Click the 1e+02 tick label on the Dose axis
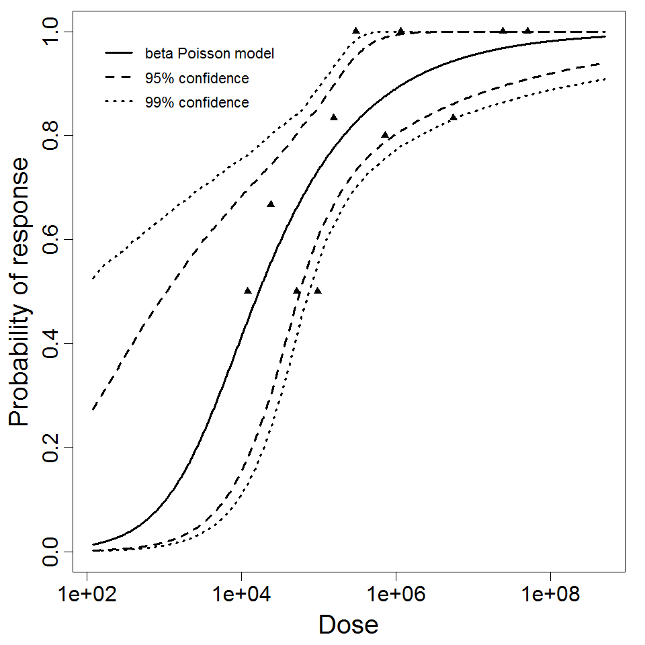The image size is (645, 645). pyautogui.click(x=87, y=595)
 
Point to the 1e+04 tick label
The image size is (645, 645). pyautogui.click(x=241, y=595)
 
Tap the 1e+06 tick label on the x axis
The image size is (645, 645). pyautogui.click(x=396, y=595)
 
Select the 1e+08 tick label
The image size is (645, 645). pyautogui.click(x=551, y=595)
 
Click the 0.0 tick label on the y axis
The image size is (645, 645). pyautogui.click(x=51, y=552)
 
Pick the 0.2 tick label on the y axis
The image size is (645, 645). pyautogui.click(x=51, y=447)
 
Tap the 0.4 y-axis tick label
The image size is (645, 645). pyautogui.click(x=51, y=343)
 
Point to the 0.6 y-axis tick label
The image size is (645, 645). pyautogui.click(x=51, y=240)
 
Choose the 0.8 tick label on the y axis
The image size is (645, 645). pyautogui.click(x=51, y=136)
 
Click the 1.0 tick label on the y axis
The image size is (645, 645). pyautogui.click(x=51, y=32)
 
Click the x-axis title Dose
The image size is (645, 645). pyautogui.click(x=348, y=625)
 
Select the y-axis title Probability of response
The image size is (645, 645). pyautogui.click(x=19, y=292)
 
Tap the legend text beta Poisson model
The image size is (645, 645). pyautogui.click(x=209, y=54)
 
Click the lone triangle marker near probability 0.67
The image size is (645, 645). pyautogui.click(x=271, y=204)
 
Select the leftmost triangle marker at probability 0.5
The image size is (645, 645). pyautogui.click(x=247, y=290)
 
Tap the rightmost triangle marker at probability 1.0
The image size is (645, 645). pyautogui.click(x=528, y=30)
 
